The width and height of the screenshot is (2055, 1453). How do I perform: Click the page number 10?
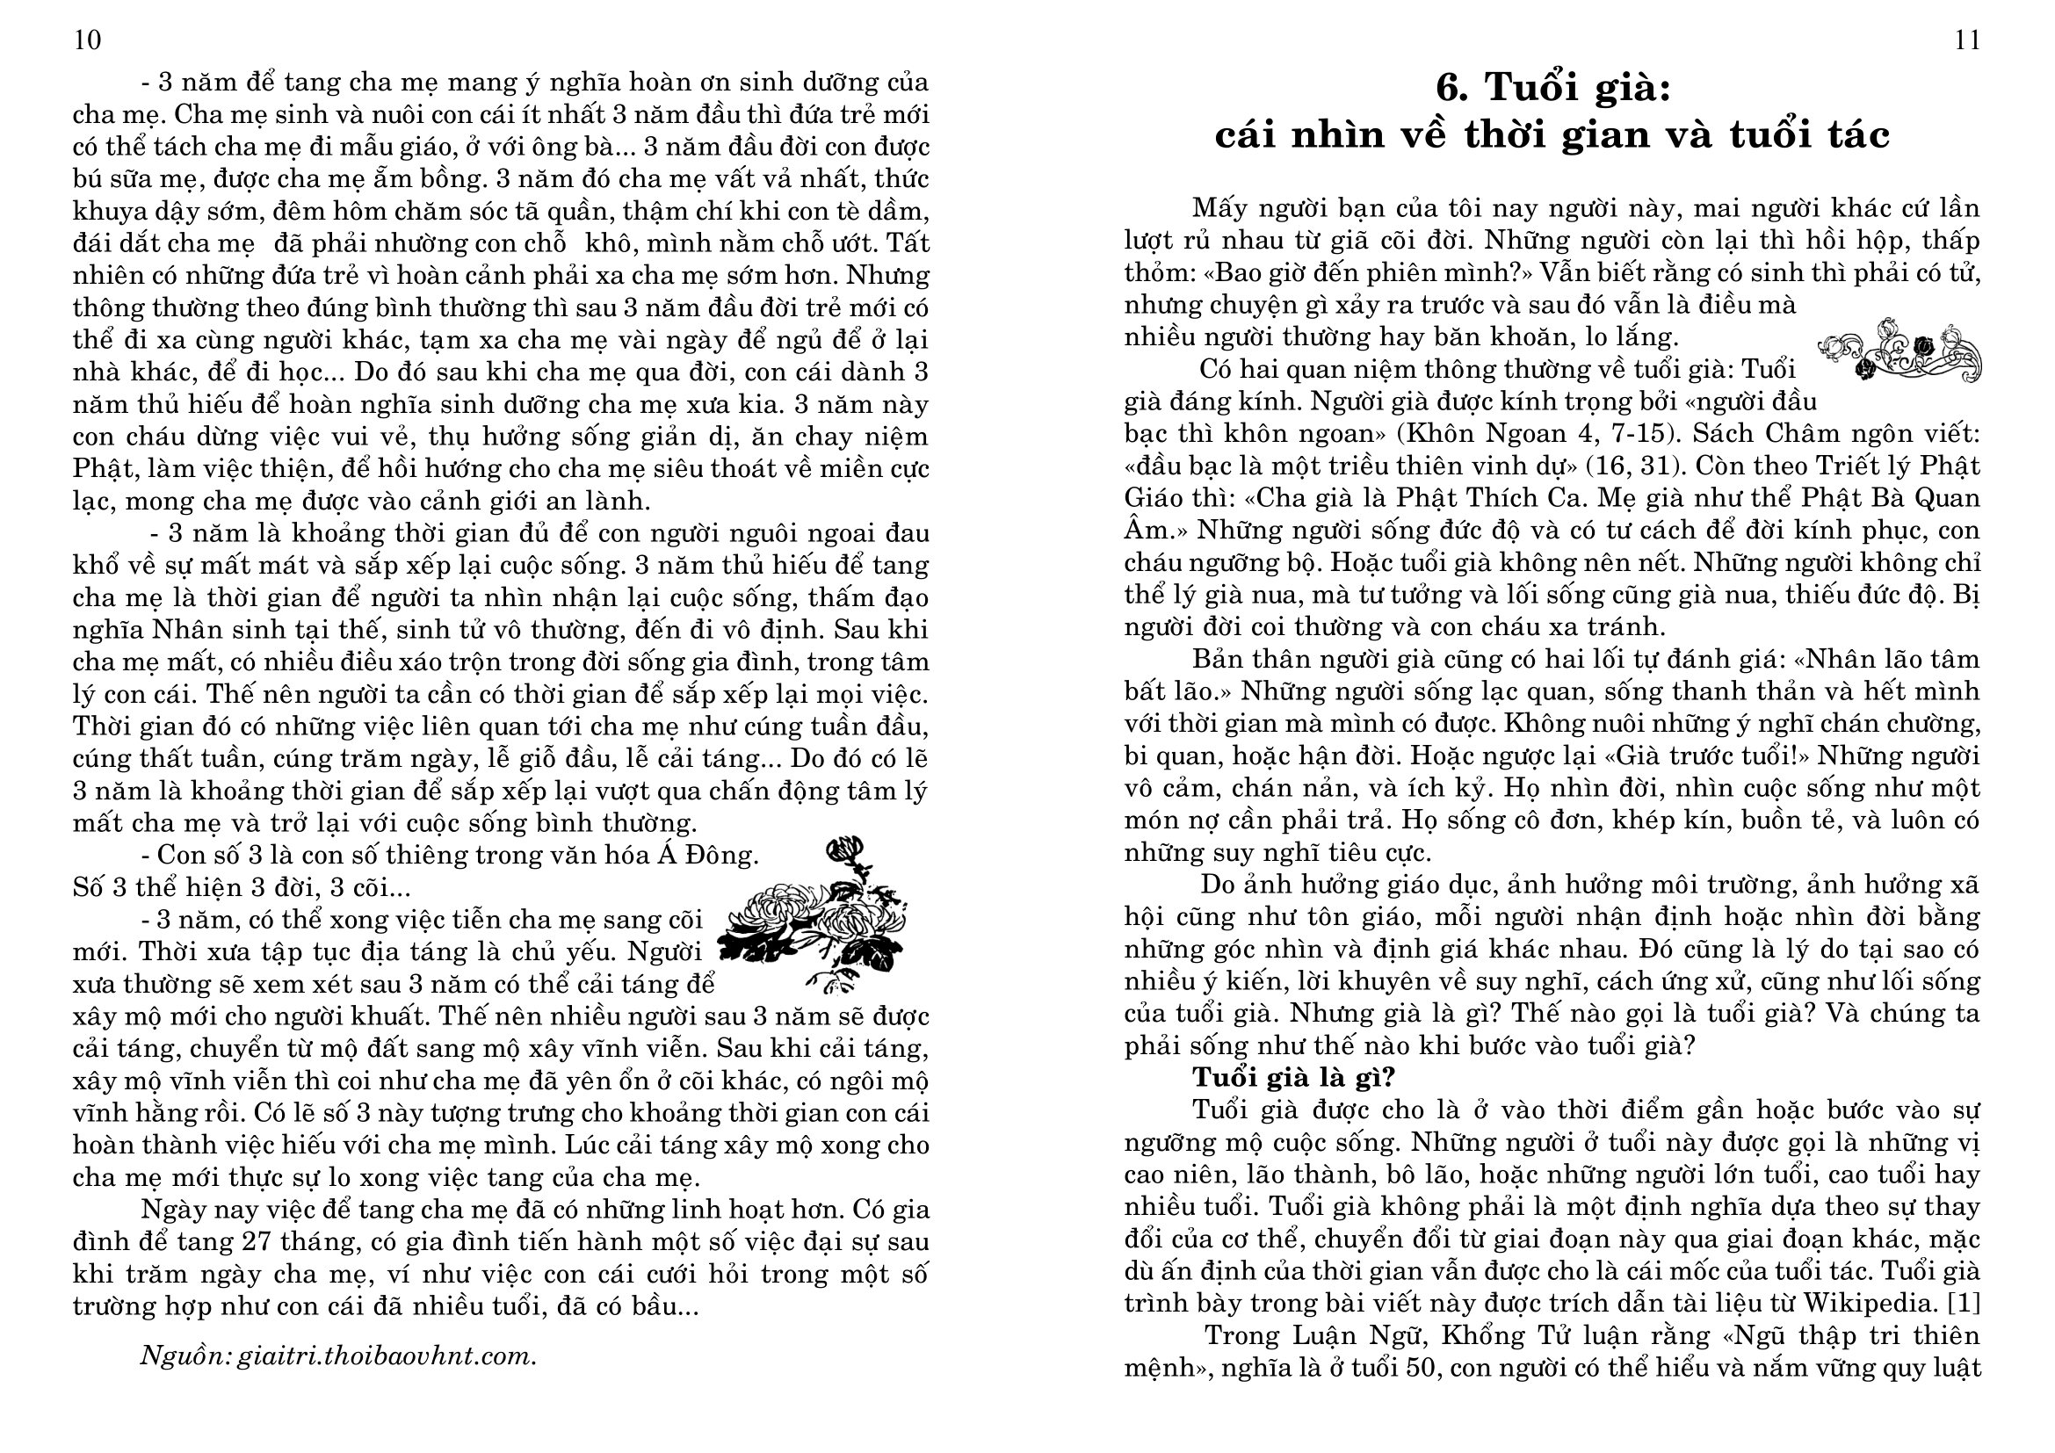(x=88, y=41)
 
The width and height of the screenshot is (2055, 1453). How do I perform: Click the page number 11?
(x=1967, y=41)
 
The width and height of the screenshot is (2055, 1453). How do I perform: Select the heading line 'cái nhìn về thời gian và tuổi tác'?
(x=1552, y=135)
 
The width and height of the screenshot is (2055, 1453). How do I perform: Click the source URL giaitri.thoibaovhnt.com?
(x=387, y=1356)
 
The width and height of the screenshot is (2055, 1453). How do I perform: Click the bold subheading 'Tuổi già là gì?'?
(x=1293, y=1077)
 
